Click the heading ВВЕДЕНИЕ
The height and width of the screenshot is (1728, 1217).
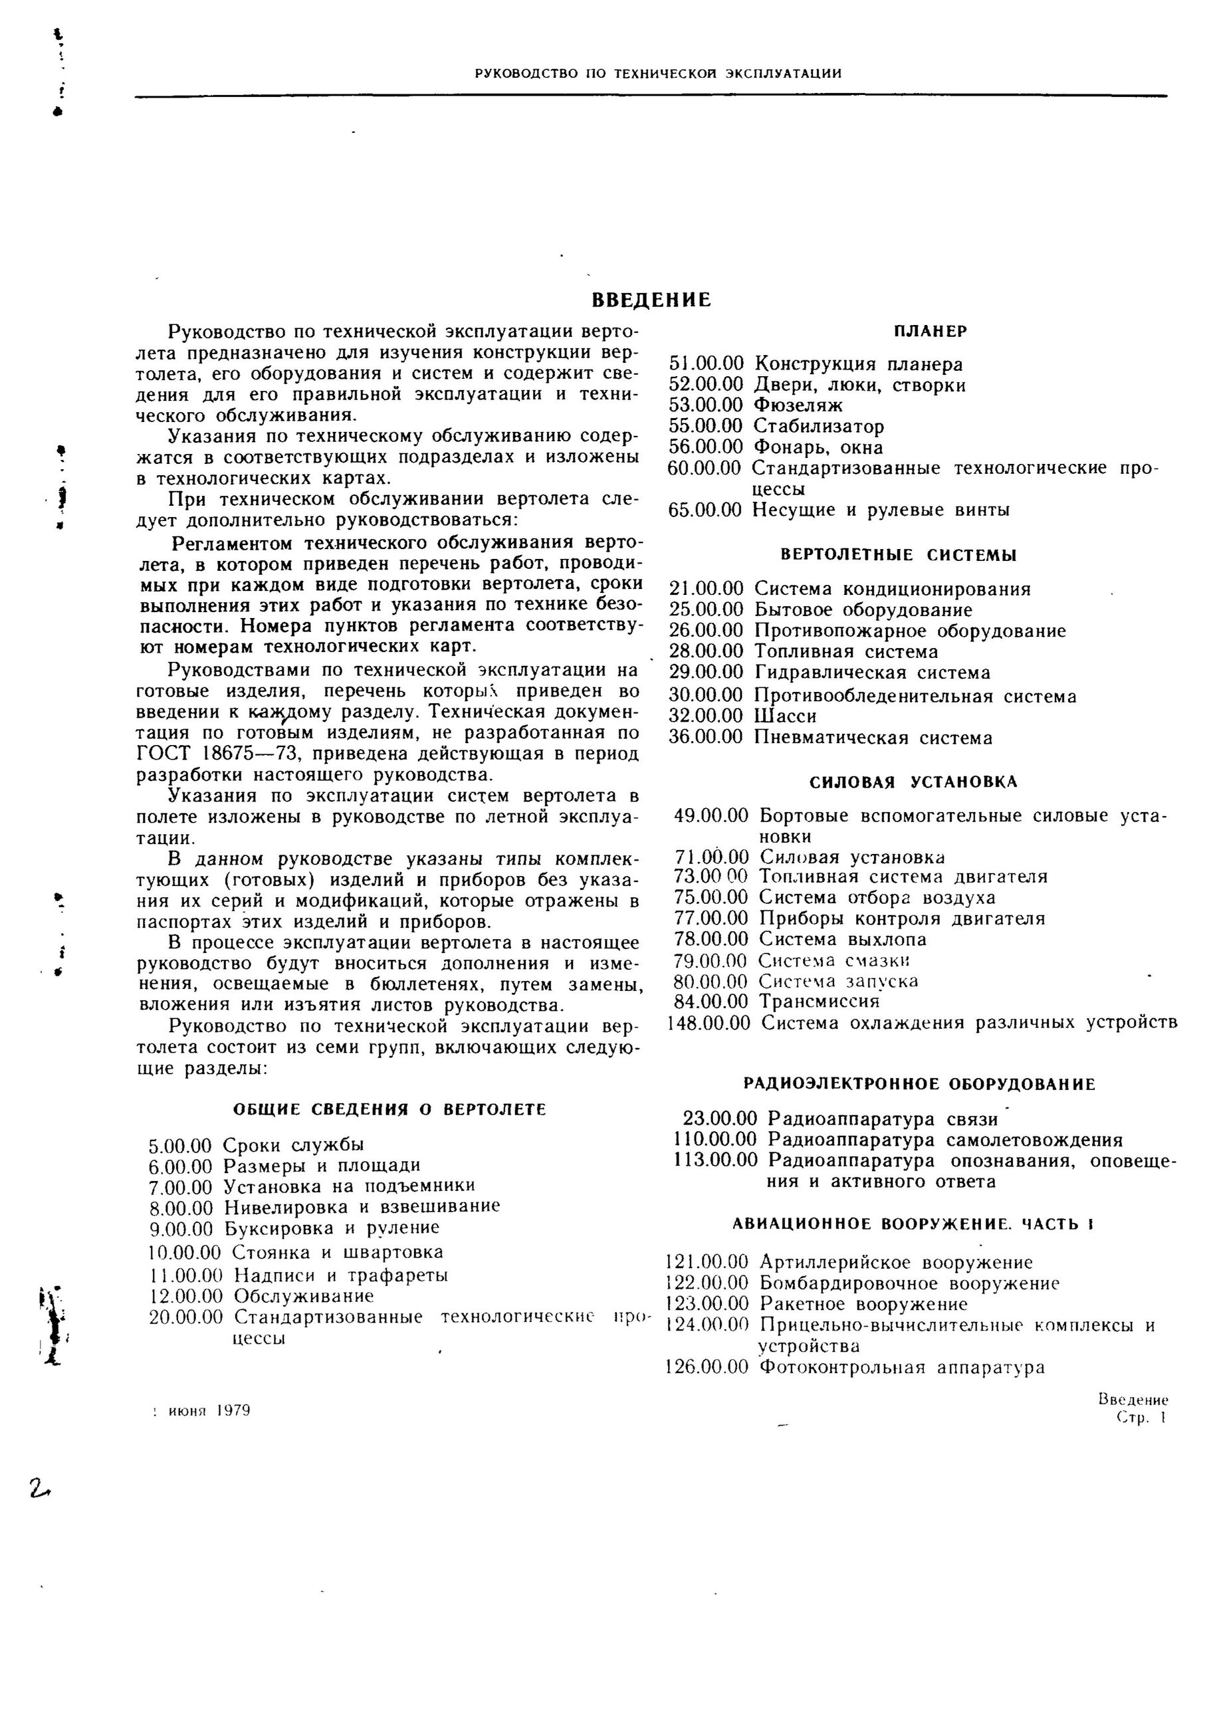(x=651, y=300)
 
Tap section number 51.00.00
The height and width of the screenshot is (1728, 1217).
(x=706, y=364)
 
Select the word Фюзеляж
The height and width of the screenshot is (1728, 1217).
(x=798, y=405)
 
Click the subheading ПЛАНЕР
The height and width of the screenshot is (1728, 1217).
(x=931, y=331)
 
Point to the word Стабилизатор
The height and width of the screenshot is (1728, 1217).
(x=819, y=427)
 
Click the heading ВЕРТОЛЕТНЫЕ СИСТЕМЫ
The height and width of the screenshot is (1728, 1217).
(x=899, y=556)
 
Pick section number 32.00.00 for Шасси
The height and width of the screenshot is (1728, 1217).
(x=706, y=716)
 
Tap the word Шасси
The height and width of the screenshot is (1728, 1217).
(x=785, y=716)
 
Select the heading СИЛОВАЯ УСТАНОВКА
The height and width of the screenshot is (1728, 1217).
(x=913, y=782)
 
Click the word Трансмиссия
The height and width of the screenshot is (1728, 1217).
(x=819, y=1002)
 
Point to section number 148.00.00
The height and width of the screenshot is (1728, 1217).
(x=709, y=1023)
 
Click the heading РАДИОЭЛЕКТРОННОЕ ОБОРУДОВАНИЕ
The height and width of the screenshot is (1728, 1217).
(x=919, y=1085)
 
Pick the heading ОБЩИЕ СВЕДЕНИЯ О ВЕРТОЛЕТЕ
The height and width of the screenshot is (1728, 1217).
(x=389, y=1109)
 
